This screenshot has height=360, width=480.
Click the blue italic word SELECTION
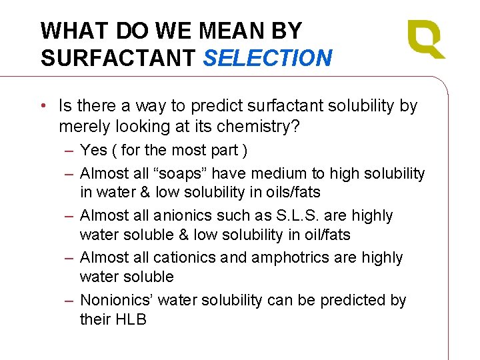267,58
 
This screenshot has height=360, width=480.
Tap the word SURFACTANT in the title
117,58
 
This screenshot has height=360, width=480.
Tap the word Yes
94,151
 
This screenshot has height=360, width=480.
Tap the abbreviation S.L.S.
306,216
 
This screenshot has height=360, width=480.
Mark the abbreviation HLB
130,319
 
